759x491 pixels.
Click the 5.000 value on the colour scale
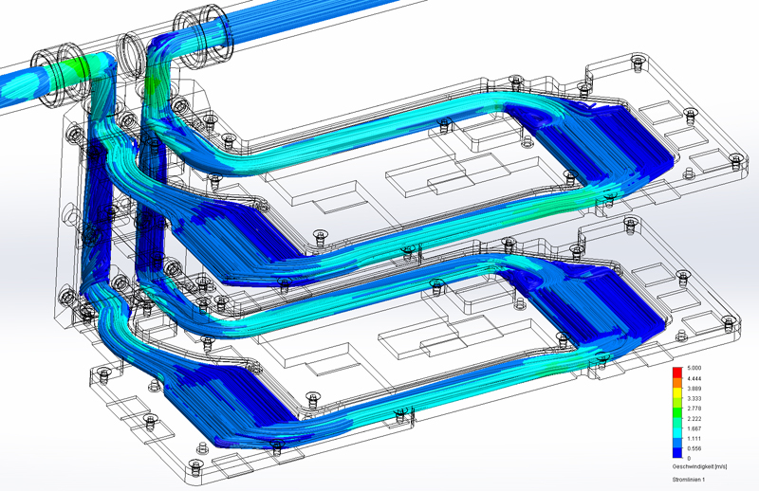tap(694, 368)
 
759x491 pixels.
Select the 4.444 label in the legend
tap(694, 378)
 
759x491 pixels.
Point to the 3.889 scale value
tap(694, 389)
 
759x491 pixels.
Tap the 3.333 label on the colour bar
tap(694, 399)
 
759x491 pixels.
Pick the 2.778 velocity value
tap(694, 409)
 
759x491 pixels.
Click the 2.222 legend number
tap(694, 418)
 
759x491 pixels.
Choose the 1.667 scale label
tap(694, 428)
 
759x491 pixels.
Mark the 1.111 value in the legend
tap(694, 439)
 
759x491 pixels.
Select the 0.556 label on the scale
tap(694, 448)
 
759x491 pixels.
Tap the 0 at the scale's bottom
tap(689, 458)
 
